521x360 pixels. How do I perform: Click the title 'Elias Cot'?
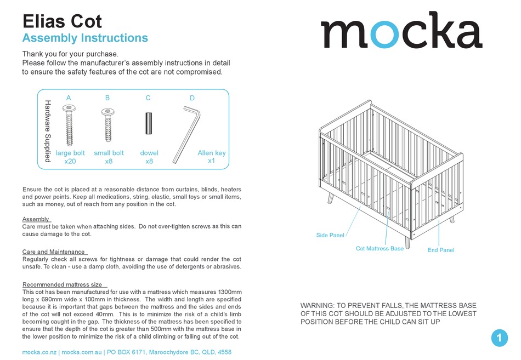(62, 21)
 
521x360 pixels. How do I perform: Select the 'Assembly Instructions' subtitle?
(85, 38)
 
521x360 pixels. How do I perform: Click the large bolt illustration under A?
(69, 127)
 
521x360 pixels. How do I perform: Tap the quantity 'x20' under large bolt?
(70, 162)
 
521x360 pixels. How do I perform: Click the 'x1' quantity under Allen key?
(211, 161)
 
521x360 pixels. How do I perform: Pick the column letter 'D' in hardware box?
(192, 98)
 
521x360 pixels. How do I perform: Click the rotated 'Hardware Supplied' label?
(47, 131)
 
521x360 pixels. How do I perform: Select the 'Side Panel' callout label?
(330, 236)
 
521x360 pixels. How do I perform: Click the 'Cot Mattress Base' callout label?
(380, 249)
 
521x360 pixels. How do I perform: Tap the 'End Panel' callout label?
(440, 250)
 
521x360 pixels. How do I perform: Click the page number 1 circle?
(499, 338)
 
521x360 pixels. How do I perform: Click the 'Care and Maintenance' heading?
(54, 252)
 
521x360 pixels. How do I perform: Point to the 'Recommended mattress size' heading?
(62, 285)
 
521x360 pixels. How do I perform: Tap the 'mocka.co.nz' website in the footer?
(39, 352)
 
